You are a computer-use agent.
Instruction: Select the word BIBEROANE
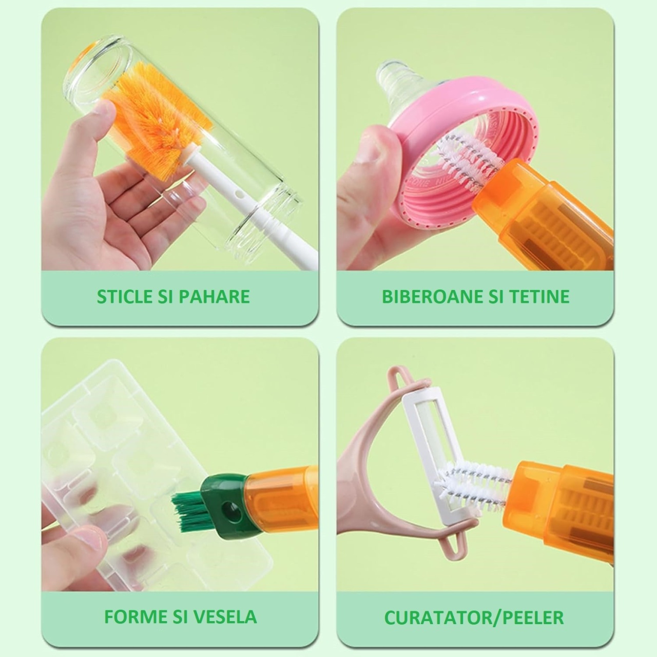(x=428, y=296)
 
